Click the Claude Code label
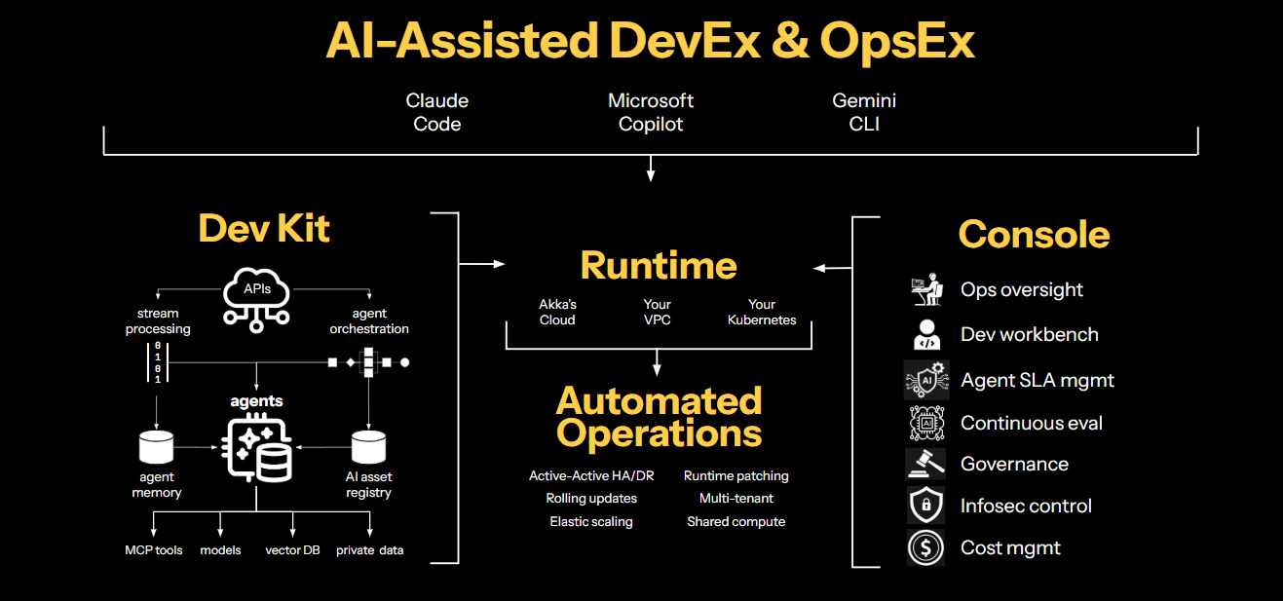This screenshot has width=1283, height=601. [436, 112]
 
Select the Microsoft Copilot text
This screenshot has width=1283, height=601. [651, 112]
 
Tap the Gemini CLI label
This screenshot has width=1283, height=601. [864, 112]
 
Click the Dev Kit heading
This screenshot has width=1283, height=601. [264, 228]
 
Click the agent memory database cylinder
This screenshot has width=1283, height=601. [156, 447]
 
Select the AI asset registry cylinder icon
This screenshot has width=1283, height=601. [368, 447]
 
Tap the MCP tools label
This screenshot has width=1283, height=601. [153, 550]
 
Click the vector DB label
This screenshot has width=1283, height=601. [292, 550]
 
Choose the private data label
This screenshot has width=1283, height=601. [369, 550]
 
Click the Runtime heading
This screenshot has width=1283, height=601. [659, 265]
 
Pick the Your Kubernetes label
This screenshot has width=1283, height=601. [762, 312]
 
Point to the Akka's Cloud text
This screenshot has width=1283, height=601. [557, 312]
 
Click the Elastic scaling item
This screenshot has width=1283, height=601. [590, 522]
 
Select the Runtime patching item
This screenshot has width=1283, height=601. [736, 476]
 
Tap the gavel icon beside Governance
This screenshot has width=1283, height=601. [925, 464]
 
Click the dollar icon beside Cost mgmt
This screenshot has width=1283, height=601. [925, 547]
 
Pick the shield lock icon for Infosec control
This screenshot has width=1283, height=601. [925, 506]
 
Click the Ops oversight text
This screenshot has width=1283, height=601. [1021, 289]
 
